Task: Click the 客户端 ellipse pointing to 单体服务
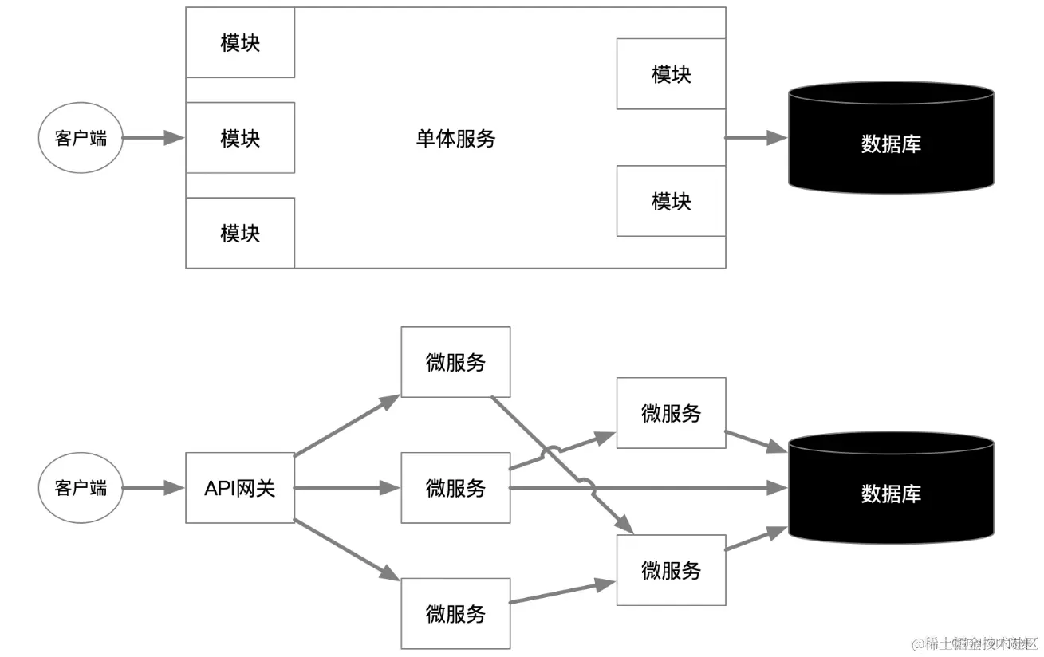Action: point(81,138)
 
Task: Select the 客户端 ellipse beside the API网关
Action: point(81,488)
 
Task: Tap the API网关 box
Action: point(240,488)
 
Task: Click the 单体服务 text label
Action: point(455,139)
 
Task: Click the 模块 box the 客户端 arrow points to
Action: point(240,138)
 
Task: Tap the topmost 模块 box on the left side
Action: point(240,43)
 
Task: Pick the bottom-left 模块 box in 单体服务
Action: point(240,233)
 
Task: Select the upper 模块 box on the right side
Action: point(671,74)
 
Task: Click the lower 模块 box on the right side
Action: point(671,201)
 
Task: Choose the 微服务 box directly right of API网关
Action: point(455,488)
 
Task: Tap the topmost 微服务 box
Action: point(455,362)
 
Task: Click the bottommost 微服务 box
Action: point(455,614)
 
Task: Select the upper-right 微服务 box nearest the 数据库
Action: point(671,413)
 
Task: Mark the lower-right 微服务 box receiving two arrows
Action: point(671,570)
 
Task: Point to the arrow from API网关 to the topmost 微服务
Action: point(347,426)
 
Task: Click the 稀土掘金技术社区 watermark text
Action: point(975,643)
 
